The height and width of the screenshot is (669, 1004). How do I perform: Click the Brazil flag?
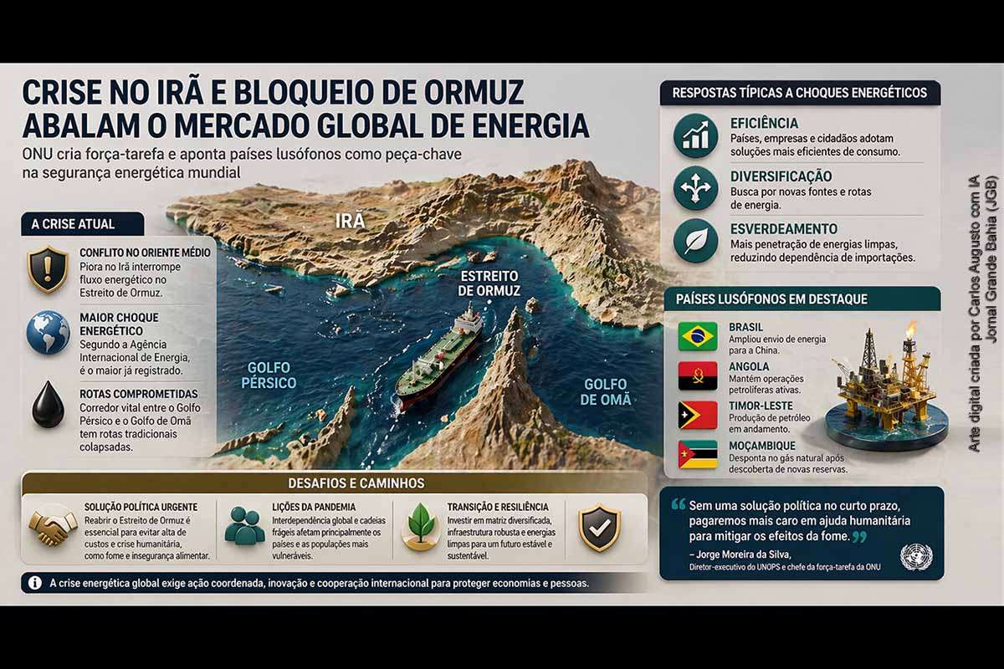click(698, 336)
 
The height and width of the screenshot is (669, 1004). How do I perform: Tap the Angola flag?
click(698, 375)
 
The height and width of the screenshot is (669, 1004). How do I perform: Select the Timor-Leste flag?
click(698, 415)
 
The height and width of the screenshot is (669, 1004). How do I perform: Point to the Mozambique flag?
click(698, 454)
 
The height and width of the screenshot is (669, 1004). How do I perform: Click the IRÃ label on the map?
click(350, 221)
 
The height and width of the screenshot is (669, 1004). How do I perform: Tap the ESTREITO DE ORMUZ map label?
click(489, 283)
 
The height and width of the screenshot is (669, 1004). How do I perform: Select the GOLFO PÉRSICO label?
click(269, 375)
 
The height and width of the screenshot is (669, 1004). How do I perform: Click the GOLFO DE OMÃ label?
click(606, 392)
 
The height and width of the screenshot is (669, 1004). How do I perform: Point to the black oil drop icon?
click(48, 405)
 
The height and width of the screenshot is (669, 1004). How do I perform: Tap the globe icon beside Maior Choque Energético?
click(48, 333)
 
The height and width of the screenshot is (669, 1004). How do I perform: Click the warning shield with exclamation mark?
click(48, 269)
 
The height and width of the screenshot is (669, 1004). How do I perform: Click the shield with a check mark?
click(599, 528)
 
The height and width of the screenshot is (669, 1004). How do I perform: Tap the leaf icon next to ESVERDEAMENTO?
click(695, 241)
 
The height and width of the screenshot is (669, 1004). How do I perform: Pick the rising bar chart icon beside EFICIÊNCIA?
click(695, 135)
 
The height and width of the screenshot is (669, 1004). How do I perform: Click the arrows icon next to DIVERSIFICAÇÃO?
click(695, 188)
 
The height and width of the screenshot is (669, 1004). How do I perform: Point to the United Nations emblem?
click(916, 557)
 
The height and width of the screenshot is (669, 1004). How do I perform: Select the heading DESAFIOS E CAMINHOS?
click(356, 483)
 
